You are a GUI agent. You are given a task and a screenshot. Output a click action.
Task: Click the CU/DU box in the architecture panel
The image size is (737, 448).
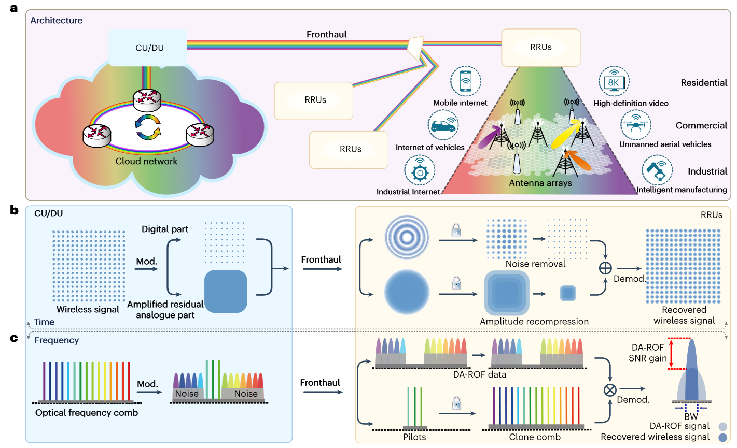coord(149,48)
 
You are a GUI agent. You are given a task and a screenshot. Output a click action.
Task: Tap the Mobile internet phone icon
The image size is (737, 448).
coord(465,81)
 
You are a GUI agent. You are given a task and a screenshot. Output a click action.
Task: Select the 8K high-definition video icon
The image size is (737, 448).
coord(614,81)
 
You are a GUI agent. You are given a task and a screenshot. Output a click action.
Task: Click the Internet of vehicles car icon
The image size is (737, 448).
coord(443,125)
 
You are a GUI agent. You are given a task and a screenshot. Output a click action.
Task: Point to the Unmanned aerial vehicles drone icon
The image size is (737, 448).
coord(635,125)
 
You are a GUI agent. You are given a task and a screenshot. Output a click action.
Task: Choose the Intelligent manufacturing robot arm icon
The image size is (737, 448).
coord(657,170)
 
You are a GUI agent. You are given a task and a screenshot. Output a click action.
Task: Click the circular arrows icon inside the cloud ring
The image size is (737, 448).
coord(148,127)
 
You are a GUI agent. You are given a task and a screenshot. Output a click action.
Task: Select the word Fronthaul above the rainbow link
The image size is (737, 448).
coord(327,34)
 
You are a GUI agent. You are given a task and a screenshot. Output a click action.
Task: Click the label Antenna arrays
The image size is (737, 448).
coord(540,183)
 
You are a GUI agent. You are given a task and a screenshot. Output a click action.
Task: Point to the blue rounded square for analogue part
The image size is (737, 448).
coord(226,291)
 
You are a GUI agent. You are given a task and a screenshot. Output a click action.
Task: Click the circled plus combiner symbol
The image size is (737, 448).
coord(605,268)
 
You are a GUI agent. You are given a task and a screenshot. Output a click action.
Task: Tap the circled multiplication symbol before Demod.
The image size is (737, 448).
coord(610,389)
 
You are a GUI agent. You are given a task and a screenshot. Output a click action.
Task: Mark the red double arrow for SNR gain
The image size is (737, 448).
coord(671,354)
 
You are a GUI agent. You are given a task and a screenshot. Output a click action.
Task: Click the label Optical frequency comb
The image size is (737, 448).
coord(87,413)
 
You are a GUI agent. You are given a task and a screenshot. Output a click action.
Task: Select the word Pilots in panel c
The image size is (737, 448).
coord(414,437)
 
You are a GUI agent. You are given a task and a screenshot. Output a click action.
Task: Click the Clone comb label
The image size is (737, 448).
coord(535,437)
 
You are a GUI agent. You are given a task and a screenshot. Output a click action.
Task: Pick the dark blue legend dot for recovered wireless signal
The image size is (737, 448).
coord(722,438)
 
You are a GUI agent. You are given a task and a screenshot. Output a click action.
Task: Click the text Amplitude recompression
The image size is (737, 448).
coord(534,321)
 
